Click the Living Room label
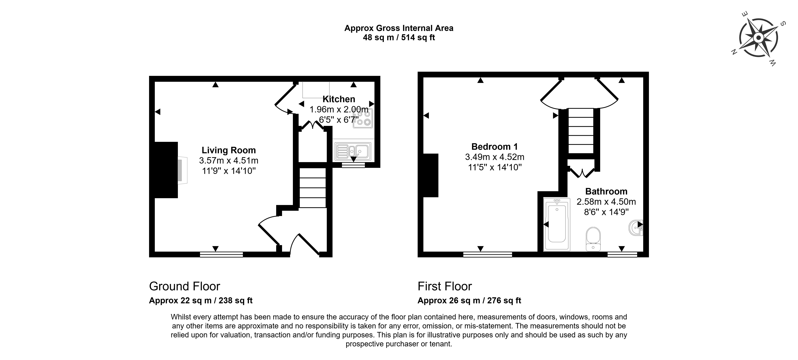[x=229, y=150]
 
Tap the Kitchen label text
[x=339, y=99]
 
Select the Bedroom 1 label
[x=494, y=146]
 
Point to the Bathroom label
[x=606, y=192]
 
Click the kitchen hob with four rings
[x=363, y=118]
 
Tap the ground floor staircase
[x=313, y=188]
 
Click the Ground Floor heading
[x=185, y=286]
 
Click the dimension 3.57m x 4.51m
[x=229, y=160]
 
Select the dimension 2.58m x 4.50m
[x=606, y=202]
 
